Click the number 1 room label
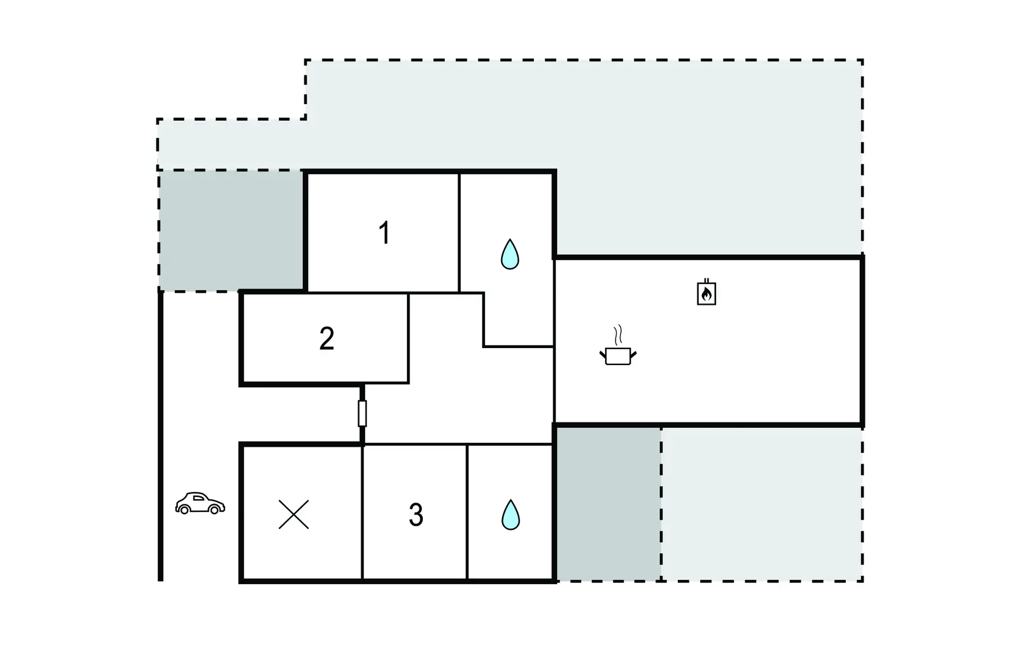pos(384,233)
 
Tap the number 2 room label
pos(327,339)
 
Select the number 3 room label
pos(416,515)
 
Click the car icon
pos(200,503)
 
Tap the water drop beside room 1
pos(510,254)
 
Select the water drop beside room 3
pos(511,515)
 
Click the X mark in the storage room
pos(294,515)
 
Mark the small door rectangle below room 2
pos(362,414)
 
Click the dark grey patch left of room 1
pos(231,231)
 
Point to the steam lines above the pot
pos(618,335)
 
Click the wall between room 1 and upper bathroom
pos(459,233)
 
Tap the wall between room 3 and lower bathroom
pos(467,512)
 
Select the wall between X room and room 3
pos(362,512)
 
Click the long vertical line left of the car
pos(160,436)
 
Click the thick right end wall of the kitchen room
pos(862,341)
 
